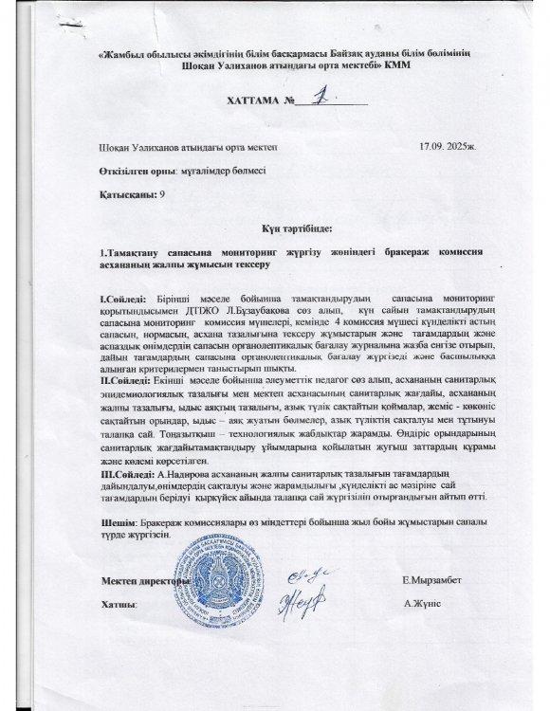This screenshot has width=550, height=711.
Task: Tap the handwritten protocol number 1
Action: click(322, 97)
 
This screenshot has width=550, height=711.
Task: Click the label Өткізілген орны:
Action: click(134, 171)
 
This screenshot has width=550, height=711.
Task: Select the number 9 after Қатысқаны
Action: click(163, 193)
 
